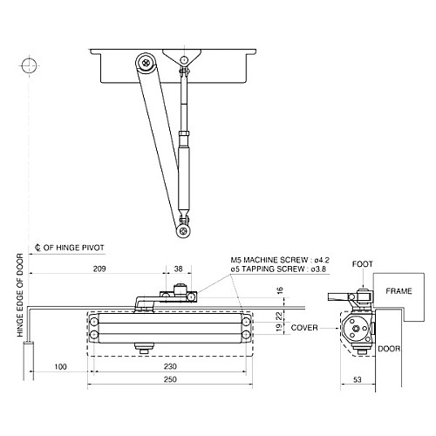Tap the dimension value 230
click(169, 368)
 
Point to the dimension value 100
click(60, 368)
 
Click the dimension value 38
click(178, 269)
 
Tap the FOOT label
click(362, 262)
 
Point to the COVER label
click(304, 329)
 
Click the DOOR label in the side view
click(389, 348)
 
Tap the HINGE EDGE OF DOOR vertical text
click(19, 311)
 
